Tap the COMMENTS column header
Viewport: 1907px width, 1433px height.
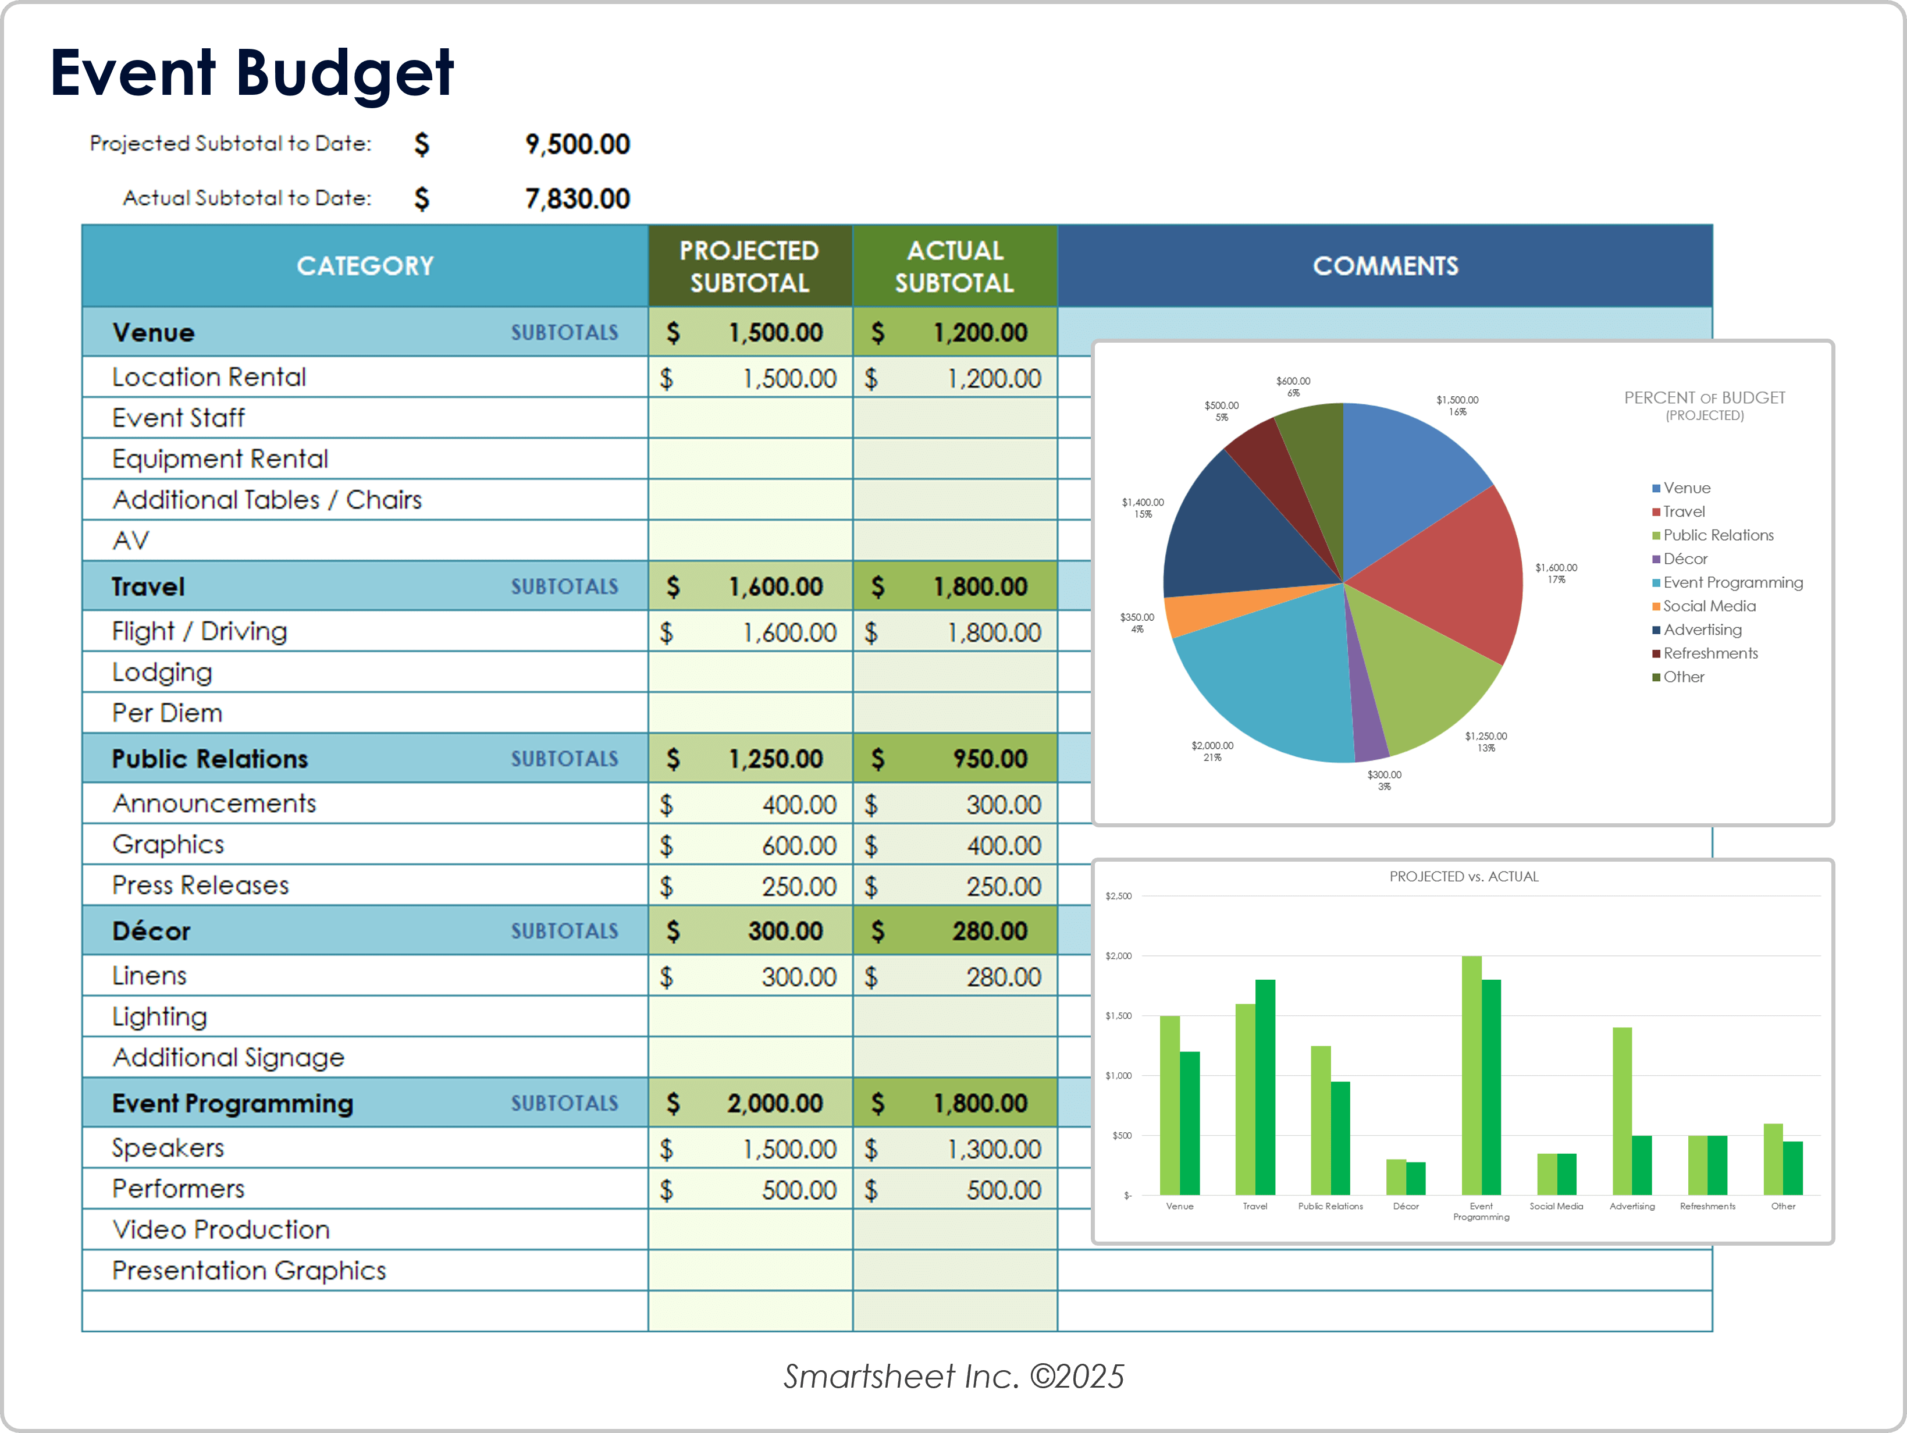click(x=1385, y=265)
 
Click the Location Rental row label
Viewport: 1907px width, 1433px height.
click(x=209, y=377)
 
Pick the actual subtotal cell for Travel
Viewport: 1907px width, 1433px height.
click(x=954, y=586)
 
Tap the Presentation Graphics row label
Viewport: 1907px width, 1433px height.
click(x=248, y=1270)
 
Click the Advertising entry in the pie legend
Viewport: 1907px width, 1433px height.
click(x=1702, y=630)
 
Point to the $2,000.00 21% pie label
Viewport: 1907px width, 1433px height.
click(x=1212, y=751)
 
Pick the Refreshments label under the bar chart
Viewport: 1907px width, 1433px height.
click(x=1707, y=1206)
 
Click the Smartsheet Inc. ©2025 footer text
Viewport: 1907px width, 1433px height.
click(x=953, y=1376)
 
